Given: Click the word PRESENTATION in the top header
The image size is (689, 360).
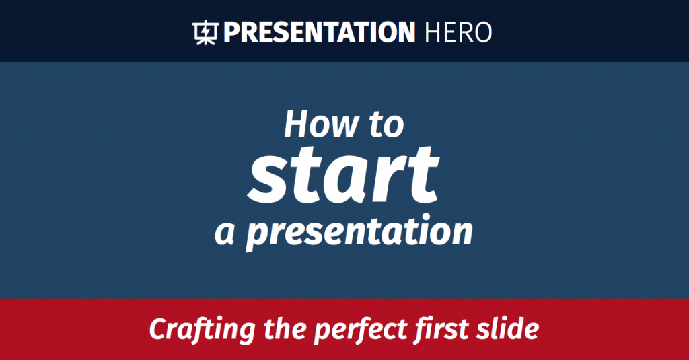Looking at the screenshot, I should click(319, 32).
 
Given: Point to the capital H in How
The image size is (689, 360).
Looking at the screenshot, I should click(296, 124).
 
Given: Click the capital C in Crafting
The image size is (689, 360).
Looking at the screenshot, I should click(159, 330).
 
